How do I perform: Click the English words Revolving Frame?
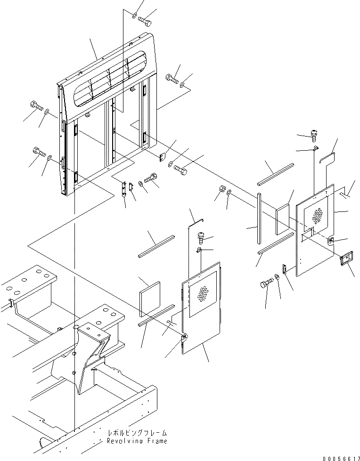tap(137, 441)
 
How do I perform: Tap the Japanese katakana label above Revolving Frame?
tap(137, 432)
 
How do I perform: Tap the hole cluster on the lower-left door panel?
tap(203, 295)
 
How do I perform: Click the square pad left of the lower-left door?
tap(151, 299)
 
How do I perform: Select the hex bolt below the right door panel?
tap(265, 284)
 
